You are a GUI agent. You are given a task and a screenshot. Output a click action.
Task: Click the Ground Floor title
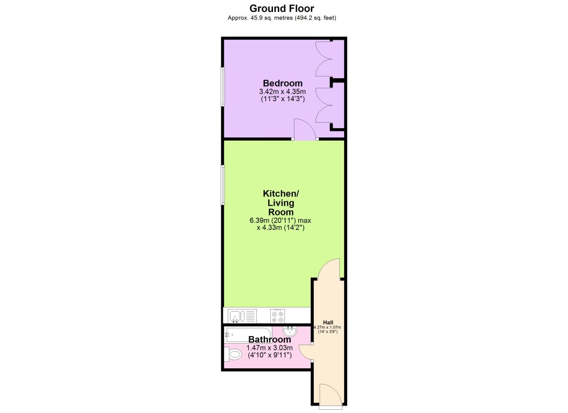(282, 8)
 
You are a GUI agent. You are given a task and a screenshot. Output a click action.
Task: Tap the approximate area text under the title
(282, 18)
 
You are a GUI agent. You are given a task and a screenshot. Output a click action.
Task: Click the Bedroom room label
(283, 83)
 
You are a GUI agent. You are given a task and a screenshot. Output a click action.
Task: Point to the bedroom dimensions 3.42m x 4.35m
(283, 92)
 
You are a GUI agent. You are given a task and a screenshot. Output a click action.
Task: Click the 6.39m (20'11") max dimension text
(281, 220)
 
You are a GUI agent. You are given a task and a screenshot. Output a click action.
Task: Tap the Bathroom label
(270, 339)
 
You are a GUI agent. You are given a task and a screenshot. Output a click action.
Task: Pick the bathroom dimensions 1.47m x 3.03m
(270, 348)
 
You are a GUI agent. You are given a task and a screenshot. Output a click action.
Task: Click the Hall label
(328, 323)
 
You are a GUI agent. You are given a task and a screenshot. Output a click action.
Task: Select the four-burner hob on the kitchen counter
(277, 316)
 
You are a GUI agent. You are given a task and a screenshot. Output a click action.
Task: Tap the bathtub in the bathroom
(248, 335)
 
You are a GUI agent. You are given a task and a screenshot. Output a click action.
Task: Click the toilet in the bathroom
(233, 354)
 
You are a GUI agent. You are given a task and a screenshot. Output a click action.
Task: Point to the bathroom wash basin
(290, 331)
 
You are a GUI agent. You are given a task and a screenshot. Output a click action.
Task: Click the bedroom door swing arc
(305, 129)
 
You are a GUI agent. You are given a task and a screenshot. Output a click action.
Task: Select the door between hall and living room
(329, 269)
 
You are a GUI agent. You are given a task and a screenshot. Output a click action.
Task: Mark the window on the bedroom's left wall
(223, 87)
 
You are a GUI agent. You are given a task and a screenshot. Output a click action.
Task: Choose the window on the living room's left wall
(223, 185)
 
